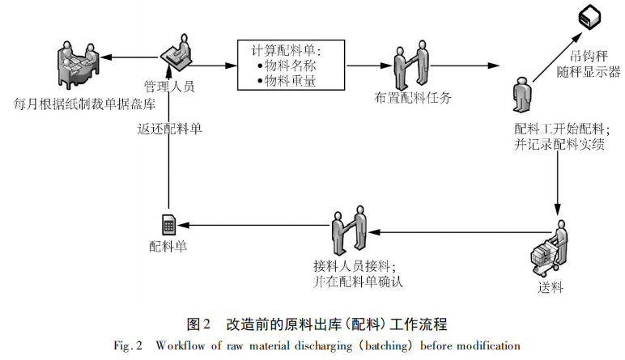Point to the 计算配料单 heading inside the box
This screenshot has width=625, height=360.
[287, 49]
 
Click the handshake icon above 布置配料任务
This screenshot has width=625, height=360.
[412, 64]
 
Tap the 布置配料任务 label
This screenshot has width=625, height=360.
[412, 97]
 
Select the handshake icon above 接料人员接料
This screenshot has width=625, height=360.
[350, 231]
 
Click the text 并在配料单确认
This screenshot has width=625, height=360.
[357, 282]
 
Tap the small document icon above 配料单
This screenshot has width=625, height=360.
[169, 224]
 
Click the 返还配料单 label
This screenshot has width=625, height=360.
[168, 128]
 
